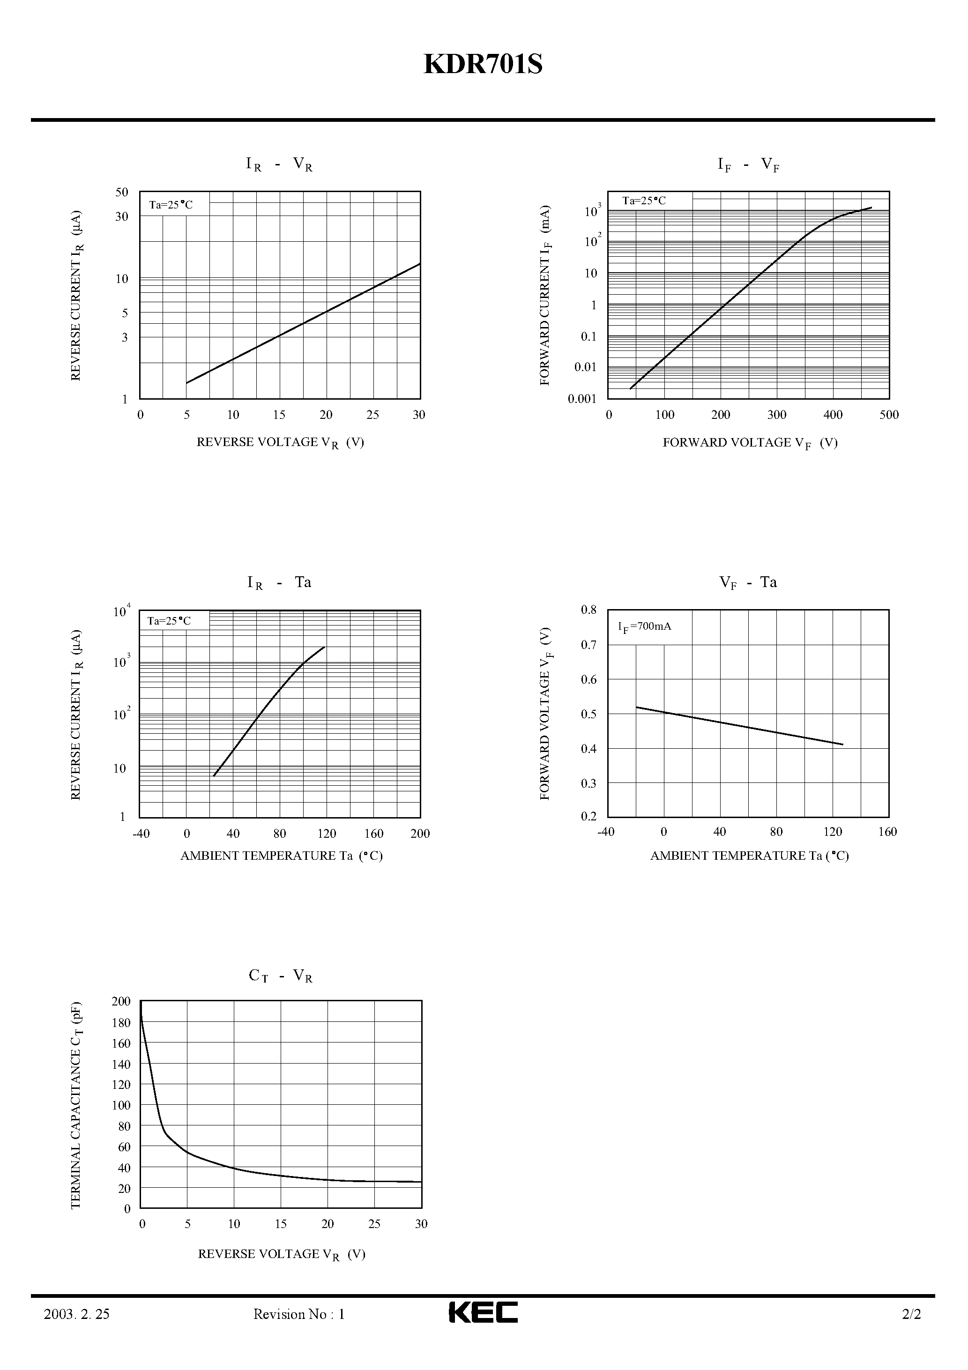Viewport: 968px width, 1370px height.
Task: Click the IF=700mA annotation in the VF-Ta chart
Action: [x=645, y=626]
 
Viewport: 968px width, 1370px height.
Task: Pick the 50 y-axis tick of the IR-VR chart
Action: [x=122, y=192]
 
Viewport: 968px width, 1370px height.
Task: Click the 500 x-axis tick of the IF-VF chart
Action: [x=889, y=415]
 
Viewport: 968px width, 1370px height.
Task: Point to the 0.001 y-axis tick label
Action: [x=582, y=399]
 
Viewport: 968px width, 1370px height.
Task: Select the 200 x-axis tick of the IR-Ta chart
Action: [x=420, y=834]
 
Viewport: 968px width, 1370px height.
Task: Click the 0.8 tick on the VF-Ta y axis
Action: [x=588, y=610]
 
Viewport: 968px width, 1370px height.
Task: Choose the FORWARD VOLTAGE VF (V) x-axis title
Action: [x=750, y=443]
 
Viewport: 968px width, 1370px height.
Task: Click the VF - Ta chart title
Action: [x=748, y=582]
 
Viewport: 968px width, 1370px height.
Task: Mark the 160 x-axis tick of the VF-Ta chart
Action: [x=887, y=832]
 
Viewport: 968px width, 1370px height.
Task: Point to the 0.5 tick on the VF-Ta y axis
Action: [x=588, y=714]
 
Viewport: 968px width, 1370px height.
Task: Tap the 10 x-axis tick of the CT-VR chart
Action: [x=234, y=1224]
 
